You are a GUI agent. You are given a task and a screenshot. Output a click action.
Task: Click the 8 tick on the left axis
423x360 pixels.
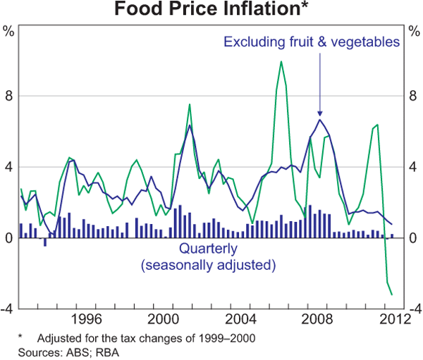[8, 95]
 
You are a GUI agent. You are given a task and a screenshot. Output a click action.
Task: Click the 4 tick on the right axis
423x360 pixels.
[414, 167]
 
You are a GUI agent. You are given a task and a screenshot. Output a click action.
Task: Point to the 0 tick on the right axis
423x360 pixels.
[414, 239]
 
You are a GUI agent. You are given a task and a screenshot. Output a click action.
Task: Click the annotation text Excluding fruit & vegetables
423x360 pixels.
[312, 42]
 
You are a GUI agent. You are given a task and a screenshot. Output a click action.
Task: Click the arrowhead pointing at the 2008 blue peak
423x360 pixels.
[319, 113]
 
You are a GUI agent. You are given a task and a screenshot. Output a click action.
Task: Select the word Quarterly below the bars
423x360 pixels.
[208, 249]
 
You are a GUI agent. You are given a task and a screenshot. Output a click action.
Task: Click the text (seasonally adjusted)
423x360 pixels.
[208, 265]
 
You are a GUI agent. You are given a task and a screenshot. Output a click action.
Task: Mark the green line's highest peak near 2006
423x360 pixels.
[281, 62]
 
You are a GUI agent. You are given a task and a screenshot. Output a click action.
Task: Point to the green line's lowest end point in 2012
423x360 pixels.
[392, 294]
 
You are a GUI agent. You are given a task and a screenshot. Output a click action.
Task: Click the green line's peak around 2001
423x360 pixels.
[190, 104]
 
